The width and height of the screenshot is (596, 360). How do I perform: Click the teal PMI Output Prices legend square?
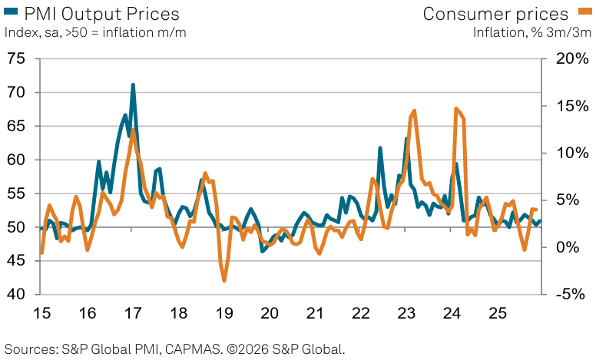(x=9, y=13)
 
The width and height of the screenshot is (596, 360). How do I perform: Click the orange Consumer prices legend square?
(x=585, y=13)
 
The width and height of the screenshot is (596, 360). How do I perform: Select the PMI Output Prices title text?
(x=101, y=13)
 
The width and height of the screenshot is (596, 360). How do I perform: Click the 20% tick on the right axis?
(x=568, y=59)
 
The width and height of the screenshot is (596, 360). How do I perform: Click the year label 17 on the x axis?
(x=133, y=313)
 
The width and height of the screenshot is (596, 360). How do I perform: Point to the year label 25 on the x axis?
(x=498, y=313)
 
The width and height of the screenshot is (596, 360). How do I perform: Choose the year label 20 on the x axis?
(x=270, y=313)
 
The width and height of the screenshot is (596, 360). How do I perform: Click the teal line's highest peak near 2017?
(x=133, y=85)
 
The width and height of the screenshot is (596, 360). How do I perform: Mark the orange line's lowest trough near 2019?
(x=224, y=280)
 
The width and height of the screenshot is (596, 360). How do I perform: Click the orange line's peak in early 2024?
(x=456, y=109)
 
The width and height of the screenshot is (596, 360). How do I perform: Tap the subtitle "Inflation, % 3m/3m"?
(x=531, y=32)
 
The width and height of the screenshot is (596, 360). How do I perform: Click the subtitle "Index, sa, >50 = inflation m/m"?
(x=96, y=32)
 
